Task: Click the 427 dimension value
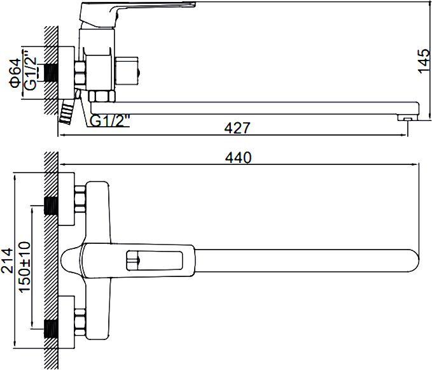(237, 128)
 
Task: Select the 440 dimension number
(238, 158)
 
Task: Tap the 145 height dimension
(424, 61)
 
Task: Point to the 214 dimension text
(7, 260)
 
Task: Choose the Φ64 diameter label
(15, 73)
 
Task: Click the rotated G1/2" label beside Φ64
(30, 71)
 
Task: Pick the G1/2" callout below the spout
(110, 120)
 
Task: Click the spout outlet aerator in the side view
(407, 118)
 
